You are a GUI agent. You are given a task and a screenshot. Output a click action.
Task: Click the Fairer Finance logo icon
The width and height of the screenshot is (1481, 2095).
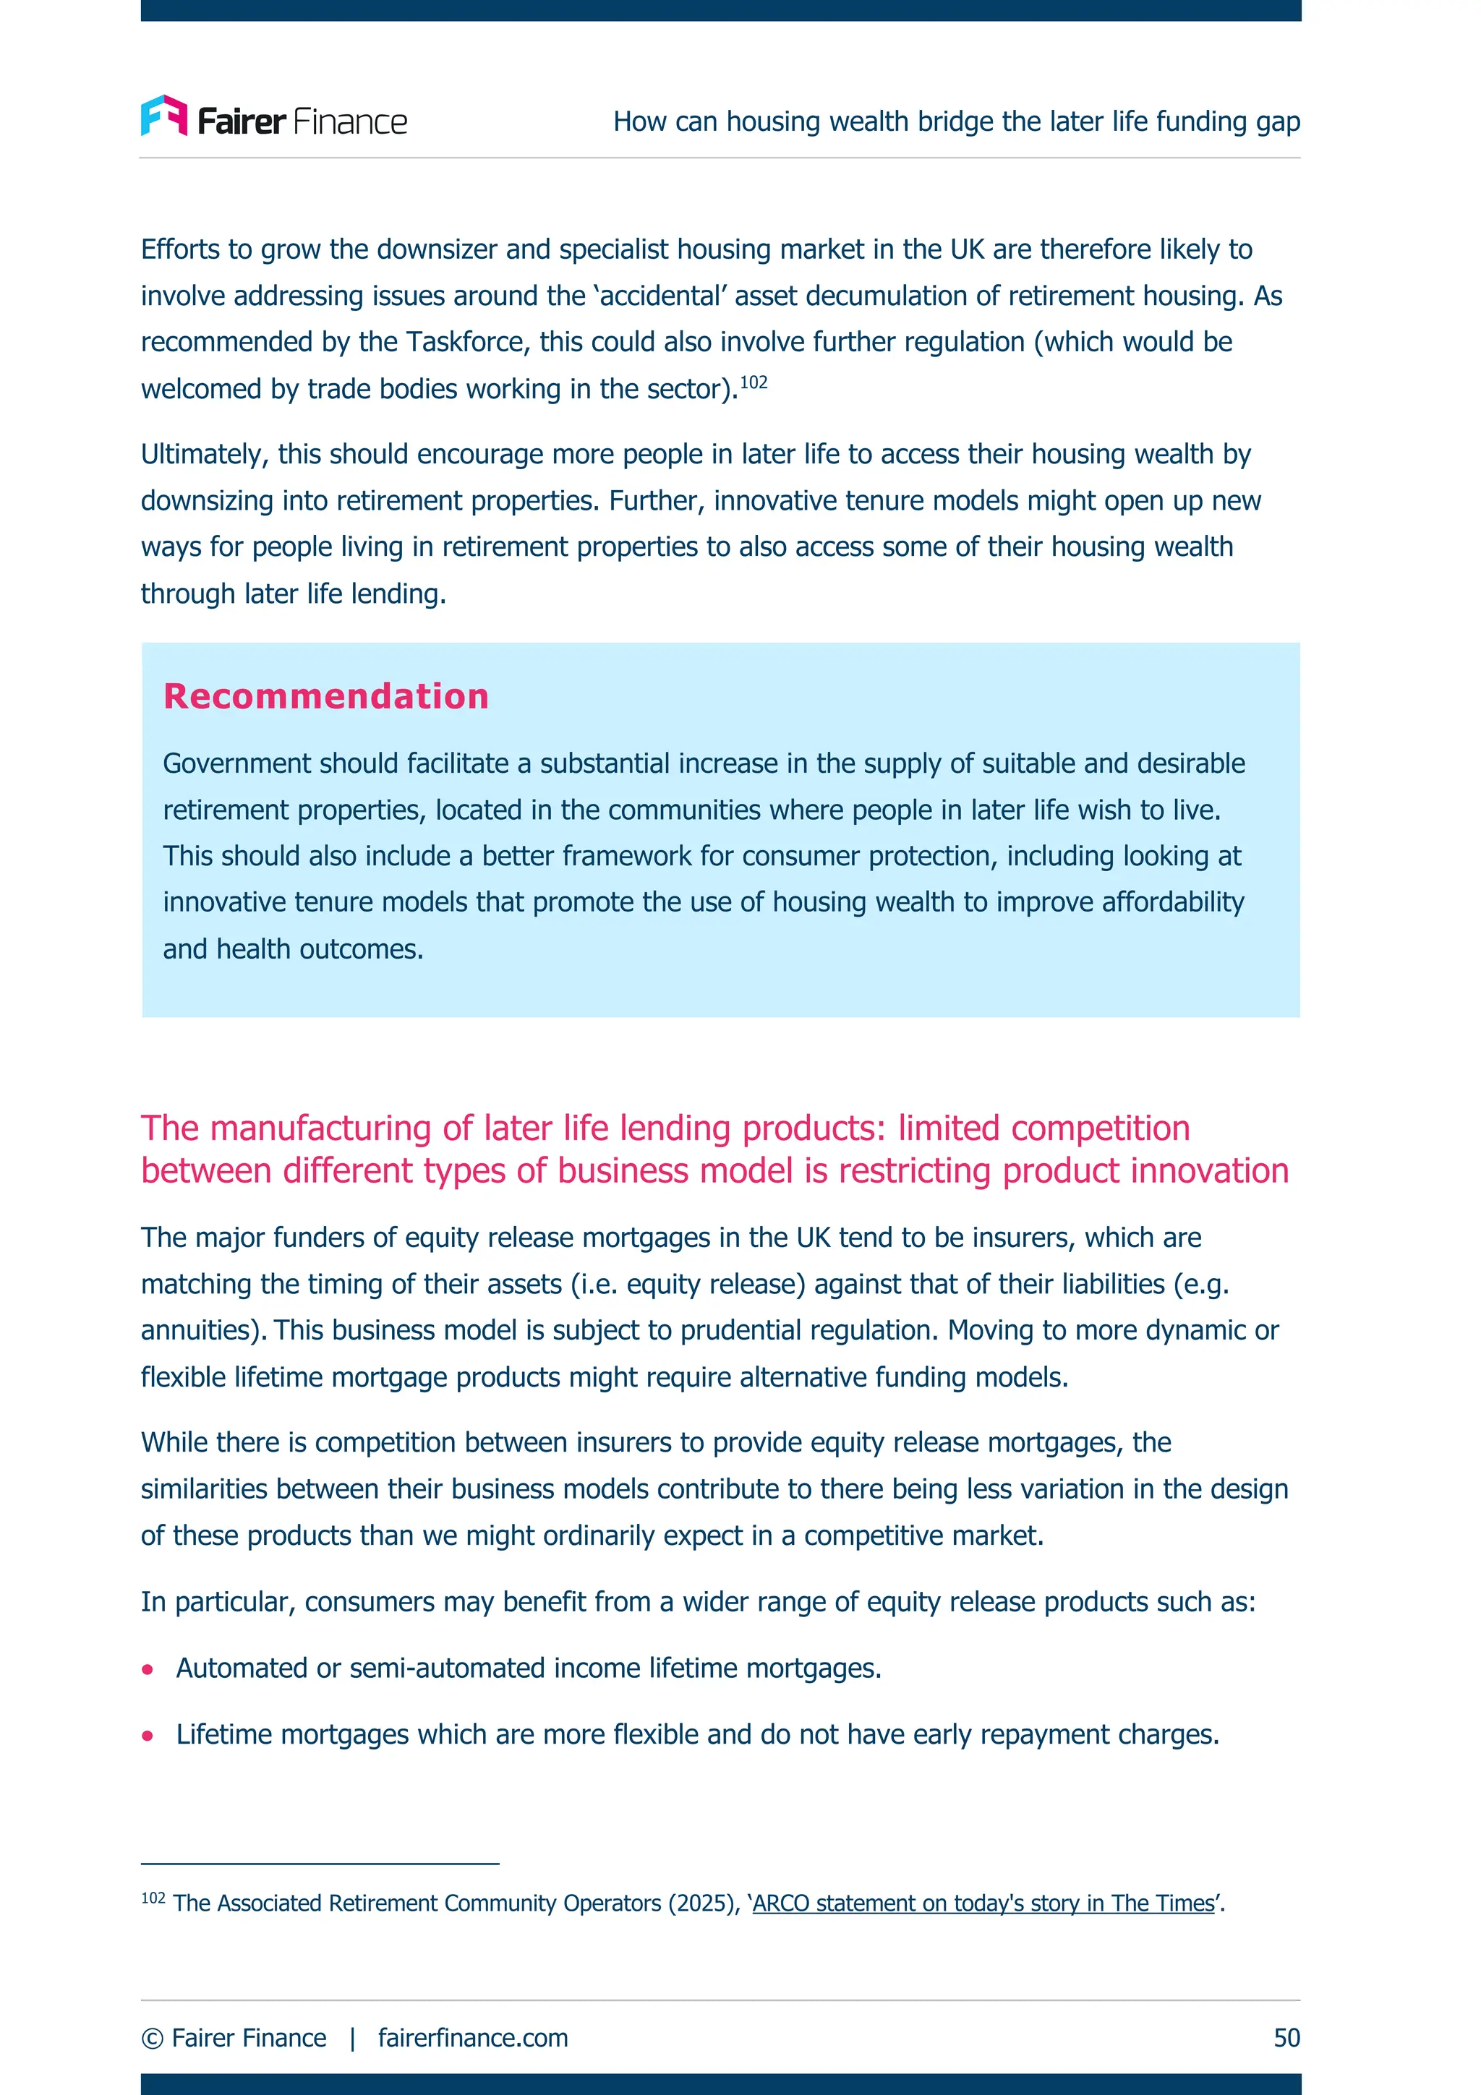coord(164,116)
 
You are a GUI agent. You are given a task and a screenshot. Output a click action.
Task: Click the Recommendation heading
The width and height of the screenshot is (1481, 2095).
coord(325,696)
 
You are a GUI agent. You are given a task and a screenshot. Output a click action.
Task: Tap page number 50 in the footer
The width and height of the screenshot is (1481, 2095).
coord(1286,2037)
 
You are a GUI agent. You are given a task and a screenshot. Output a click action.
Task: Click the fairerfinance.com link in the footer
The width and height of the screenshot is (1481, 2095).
coord(473,2037)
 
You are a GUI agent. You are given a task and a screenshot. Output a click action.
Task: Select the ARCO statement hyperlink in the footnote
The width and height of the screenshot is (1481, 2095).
coord(983,1903)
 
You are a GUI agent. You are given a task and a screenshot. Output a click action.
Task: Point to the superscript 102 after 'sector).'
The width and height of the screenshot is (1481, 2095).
coord(754,382)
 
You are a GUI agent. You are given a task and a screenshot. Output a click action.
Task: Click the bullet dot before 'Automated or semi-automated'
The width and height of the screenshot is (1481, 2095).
coord(148,1669)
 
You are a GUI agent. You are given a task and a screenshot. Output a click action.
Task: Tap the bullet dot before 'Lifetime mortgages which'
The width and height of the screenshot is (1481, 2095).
coord(148,1734)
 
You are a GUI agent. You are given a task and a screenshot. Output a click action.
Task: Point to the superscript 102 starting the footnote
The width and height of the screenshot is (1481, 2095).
coord(153,1898)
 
